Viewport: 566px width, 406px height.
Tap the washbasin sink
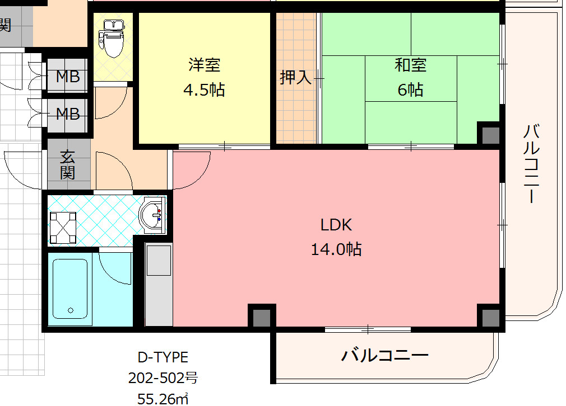pos(152,215)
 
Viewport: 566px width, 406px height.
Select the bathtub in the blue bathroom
pos(70,289)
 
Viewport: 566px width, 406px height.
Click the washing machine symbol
pos(63,228)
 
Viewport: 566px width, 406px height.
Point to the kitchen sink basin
pos(159,260)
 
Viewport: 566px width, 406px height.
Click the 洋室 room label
pos(205,65)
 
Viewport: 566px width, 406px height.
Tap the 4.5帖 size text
pos(204,89)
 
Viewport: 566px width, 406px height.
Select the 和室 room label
pos(410,65)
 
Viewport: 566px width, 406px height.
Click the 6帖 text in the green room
pos(410,89)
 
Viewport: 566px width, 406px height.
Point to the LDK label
pos(336,225)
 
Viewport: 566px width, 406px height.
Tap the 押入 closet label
pos(296,77)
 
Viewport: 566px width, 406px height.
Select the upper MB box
pos(67,77)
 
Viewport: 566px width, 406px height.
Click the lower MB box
pos(67,115)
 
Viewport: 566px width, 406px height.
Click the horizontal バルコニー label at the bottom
pos(385,356)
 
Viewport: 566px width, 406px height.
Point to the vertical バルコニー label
pos(531,163)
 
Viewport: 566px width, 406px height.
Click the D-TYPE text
pos(163,357)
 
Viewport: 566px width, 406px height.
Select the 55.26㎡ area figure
pos(163,399)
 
